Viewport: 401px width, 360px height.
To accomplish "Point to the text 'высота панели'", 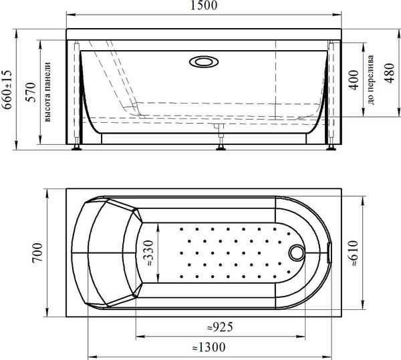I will (x=47, y=93).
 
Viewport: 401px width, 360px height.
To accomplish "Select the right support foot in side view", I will (x=329, y=147).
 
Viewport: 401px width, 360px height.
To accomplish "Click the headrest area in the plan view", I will (x=107, y=252).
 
